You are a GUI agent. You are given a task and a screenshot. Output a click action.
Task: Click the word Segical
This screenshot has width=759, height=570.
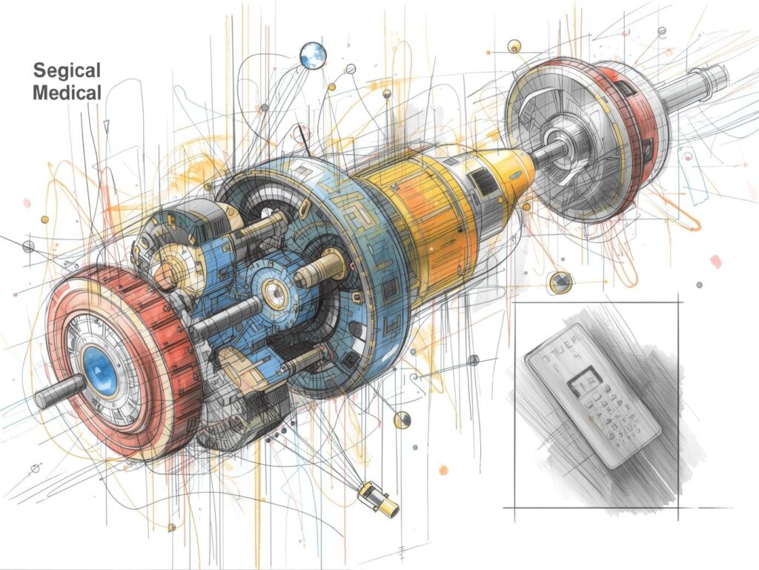67,70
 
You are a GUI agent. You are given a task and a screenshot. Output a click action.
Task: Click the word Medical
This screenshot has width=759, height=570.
67,93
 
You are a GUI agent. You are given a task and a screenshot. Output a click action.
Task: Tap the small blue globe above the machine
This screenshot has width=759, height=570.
313,55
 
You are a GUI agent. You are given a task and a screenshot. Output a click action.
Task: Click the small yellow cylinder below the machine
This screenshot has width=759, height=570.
378,498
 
